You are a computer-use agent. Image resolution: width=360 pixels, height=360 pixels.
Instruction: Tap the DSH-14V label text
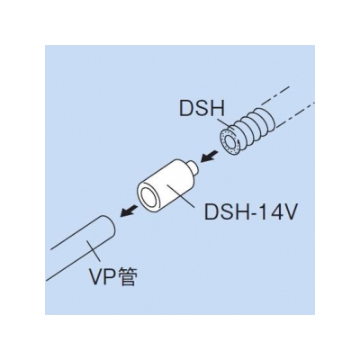pyautogui.click(x=251, y=211)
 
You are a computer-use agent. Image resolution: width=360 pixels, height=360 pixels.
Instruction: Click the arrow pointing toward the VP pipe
pyautogui.click(x=129, y=211)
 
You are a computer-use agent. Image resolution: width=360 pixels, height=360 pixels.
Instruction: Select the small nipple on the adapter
pyautogui.click(x=193, y=166)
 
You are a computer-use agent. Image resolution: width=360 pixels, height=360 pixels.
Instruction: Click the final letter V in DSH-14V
pyautogui.click(x=290, y=211)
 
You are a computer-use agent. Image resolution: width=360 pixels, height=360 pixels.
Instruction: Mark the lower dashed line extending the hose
pyautogui.click(x=294, y=115)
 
